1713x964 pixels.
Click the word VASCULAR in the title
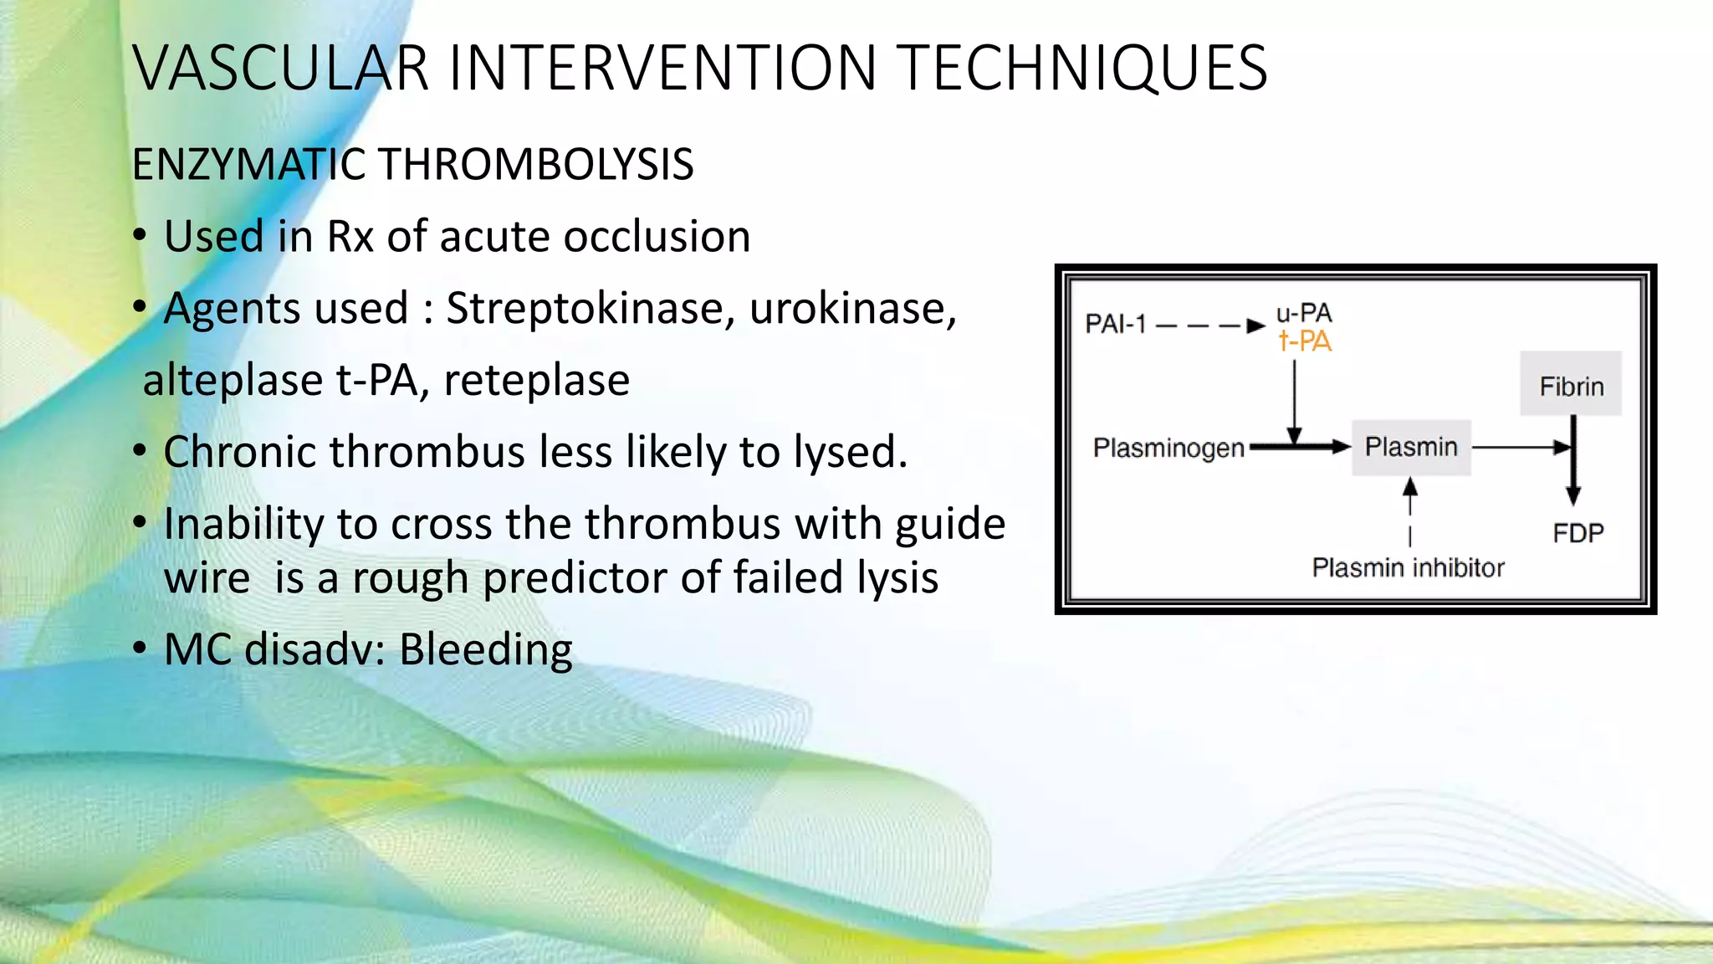click(281, 69)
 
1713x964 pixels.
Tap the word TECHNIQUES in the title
click(1085, 69)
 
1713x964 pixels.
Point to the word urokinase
click(852, 309)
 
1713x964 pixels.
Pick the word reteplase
click(536, 381)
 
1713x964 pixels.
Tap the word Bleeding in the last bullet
click(486, 649)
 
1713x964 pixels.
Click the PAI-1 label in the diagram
click(1115, 324)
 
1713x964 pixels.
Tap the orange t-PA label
click(1305, 341)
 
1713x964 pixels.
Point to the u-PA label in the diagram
click(1304, 314)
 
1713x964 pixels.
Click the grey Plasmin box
click(1411, 448)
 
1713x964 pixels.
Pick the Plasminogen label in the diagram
click(1168, 449)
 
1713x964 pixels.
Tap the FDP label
click(1578, 533)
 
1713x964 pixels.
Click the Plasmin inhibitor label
click(1408, 568)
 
